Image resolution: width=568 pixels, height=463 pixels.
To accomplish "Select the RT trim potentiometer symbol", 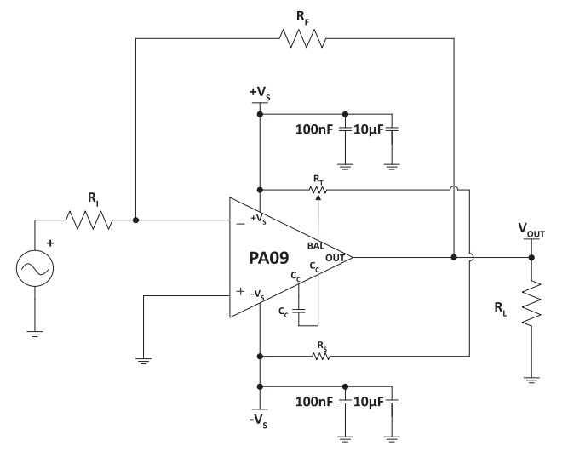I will click(x=319, y=190).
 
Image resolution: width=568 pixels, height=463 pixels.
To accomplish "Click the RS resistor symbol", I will click(x=320, y=356).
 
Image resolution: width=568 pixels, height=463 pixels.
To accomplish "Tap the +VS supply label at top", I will click(x=259, y=91).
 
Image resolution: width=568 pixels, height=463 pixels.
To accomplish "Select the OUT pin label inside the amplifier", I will click(x=335, y=257).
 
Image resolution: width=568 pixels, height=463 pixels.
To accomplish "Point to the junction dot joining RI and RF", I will click(x=135, y=220).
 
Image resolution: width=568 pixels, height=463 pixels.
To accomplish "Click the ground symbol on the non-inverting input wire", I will click(x=143, y=361).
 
